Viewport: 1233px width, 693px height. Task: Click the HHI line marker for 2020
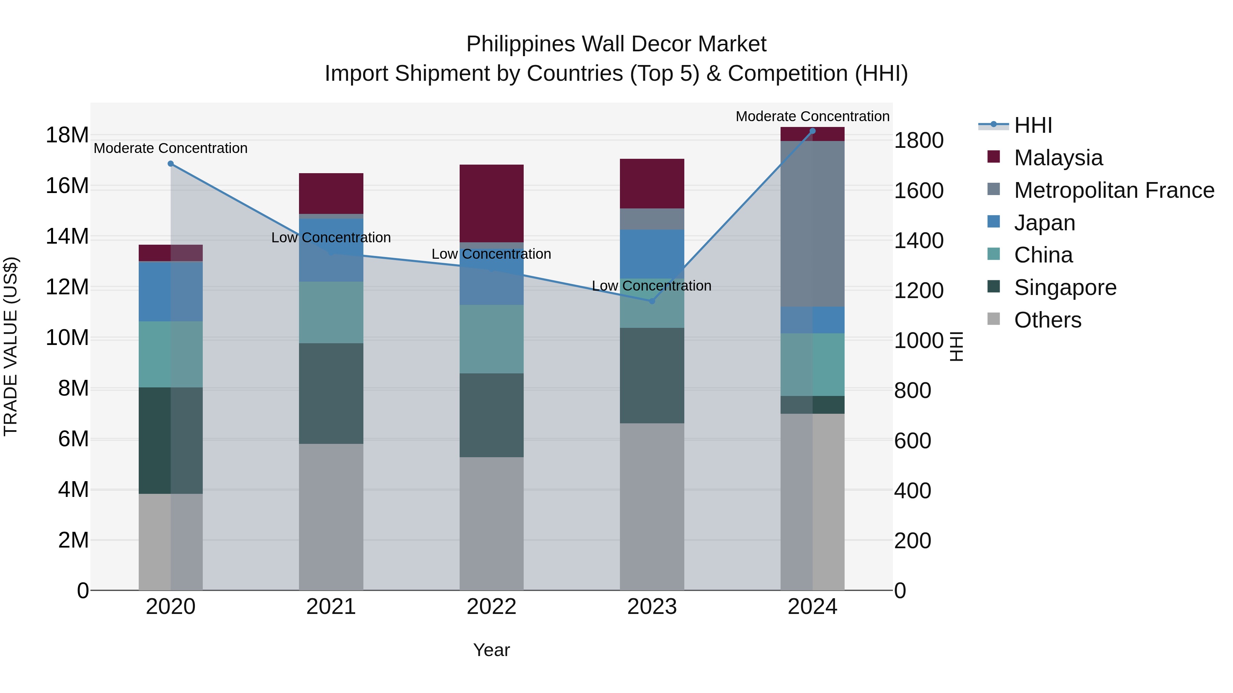pos(171,164)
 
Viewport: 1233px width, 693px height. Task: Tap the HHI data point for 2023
pos(651,301)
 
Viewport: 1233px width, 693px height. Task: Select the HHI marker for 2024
pos(812,131)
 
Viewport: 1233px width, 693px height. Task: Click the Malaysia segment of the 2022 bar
pos(491,203)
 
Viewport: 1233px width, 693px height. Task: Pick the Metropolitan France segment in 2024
pos(812,224)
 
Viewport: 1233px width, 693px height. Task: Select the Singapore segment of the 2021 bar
pos(331,393)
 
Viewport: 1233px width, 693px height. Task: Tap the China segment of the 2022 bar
pos(491,339)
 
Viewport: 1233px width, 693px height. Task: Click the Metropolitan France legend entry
pos(1114,190)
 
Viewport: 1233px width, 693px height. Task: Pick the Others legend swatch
pos(994,319)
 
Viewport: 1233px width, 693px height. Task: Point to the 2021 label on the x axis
pos(331,607)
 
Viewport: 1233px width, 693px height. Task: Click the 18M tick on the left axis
pos(67,135)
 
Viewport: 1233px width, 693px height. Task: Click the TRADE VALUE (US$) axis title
pos(11,346)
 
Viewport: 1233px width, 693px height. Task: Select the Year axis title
pos(491,650)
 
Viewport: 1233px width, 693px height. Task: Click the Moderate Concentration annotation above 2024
pos(812,116)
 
